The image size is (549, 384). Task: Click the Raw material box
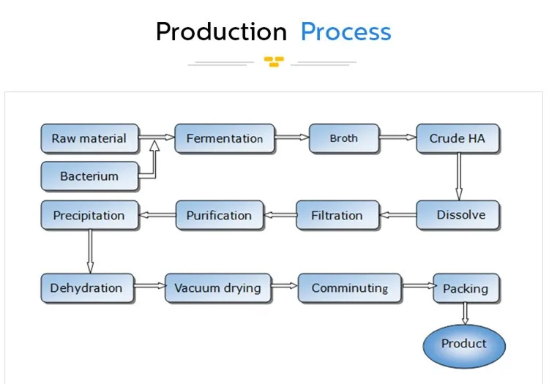click(x=90, y=138)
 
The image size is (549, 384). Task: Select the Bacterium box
click(x=90, y=176)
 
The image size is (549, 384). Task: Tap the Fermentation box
click(x=225, y=138)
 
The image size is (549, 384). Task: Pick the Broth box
click(x=344, y=138)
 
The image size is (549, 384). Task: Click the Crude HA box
click(x=458, y=138)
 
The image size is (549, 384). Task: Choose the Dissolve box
click(x=458, y=215)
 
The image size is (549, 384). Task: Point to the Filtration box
click(x=338, y=215)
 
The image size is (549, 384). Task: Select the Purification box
click(x=220, y=215)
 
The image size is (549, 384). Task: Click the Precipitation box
click(x=90, y=215)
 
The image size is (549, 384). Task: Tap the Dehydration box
click(x=88, y=288)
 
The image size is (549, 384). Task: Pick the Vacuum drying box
click(x=218, y=288)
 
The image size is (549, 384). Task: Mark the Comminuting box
click(x=350, y=288)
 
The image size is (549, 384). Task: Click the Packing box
click(x=466, y=288)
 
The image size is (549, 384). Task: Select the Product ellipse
click(x=464, y=346)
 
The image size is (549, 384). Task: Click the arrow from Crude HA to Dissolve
click(x=459, y=176)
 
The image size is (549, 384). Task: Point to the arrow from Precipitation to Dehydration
click(x=90, y=251)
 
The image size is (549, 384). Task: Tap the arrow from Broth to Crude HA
click(x=397, y=137)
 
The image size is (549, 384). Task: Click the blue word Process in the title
click(x=346, y=32)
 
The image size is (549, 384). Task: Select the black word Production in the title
click(x=221, y=32)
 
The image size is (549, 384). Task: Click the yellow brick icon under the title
click(x=274, y=61)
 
